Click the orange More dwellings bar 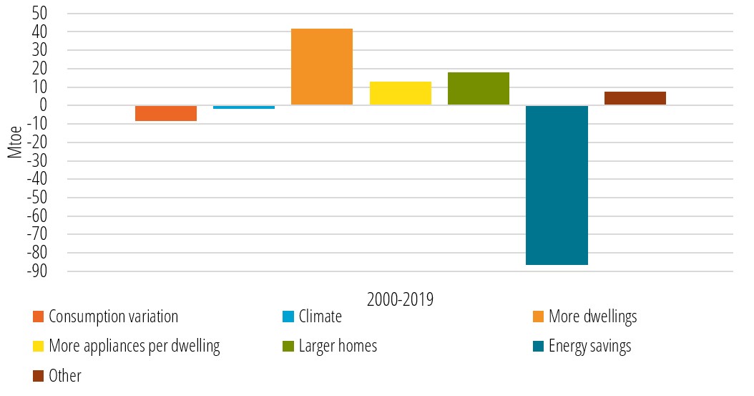tap(321, 67)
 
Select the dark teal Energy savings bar tap(557, 185)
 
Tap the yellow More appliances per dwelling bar tap(400, 93)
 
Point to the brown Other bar tap(635, 98)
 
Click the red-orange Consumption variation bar tap(165, 113)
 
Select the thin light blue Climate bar tap(243, 107)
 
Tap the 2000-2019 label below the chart tap(400, 299)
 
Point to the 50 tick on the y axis tap(39, 14)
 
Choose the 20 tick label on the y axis tap(39, 69)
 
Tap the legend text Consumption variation tap(113, 317)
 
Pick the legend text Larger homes tap(337, 347)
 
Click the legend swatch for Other tap(38, 376)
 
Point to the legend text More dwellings tap(592, 317)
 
